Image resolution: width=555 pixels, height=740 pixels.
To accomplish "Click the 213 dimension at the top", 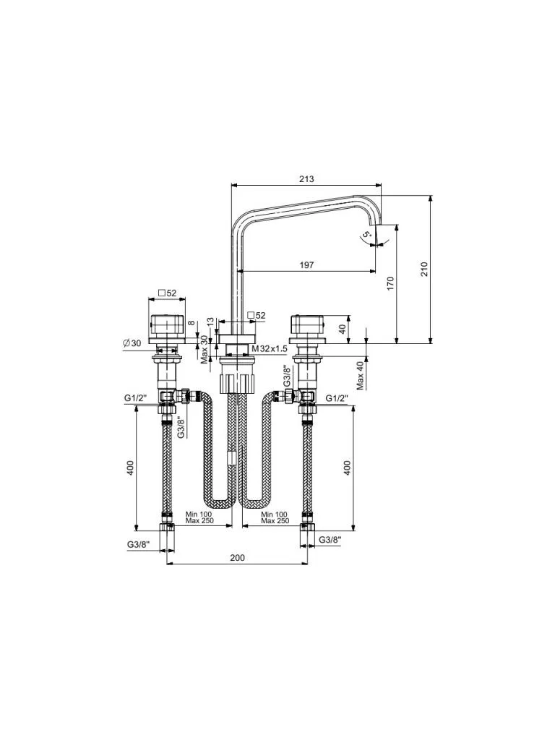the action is click(x=306, y=179).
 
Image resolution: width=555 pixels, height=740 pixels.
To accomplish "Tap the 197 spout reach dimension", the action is click(x=306, y=264).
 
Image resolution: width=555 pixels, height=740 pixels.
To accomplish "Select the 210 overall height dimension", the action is click(x=423, y=269).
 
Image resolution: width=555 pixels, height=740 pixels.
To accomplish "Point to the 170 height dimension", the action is click(x=390, y=283).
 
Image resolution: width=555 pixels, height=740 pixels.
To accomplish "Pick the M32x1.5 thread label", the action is click(x=270, y=348).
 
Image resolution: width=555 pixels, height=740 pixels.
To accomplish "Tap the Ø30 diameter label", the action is click(x=132, y=343).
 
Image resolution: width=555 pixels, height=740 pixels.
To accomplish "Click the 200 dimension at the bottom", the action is click(x=237, y=557).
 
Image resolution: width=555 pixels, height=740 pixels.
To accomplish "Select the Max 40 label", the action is click(x=360, y=376).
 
